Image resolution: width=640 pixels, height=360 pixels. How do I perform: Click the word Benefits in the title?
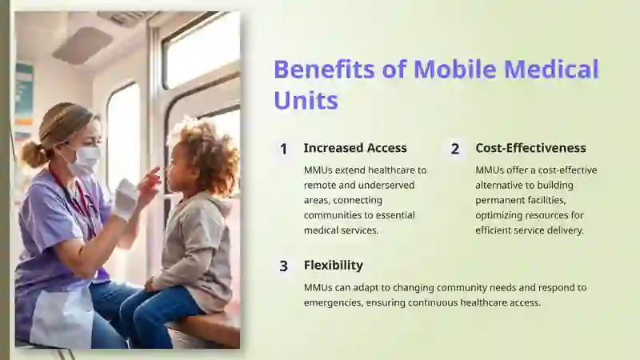pyautogui.click(x=324, y=69)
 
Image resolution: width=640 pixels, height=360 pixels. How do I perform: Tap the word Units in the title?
pyautogui.click(x=306, y=100)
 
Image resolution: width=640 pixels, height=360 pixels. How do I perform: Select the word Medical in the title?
pyautogui.click(x=551, y=69)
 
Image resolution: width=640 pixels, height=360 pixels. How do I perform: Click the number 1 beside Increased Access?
pyautogui.click(x=284, y=149)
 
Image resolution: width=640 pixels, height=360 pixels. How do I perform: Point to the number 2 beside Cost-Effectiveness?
pyautogui.click(x=455, y=149)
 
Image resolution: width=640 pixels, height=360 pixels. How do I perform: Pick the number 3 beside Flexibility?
pyautogui.click(x=284, y=266)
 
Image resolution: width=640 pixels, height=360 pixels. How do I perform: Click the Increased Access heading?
pyautogui.click(x=355, y=148)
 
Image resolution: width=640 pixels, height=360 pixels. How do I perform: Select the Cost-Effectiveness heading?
pyautogui.click(x=530, y=148)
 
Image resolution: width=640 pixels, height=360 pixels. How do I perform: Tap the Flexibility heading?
pyautogui.click(x=333, y=266)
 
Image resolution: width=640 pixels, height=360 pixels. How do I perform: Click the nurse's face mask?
pyautogui.click(x=84, y=159)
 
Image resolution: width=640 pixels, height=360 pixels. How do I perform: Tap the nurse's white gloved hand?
pyautogui.click(x=126, y=198)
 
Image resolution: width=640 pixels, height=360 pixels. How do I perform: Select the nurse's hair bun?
pyautogui.click(x=34, y=154)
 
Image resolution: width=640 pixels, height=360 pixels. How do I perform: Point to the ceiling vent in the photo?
pyautogui.click(x=82, y=46)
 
